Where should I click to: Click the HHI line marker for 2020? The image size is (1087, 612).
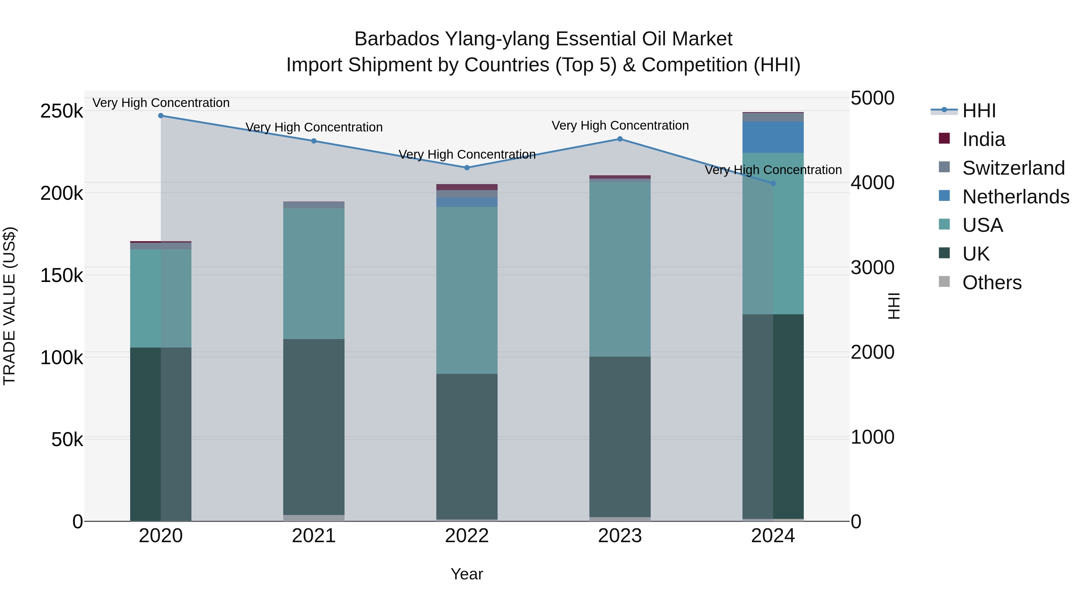coord(161,116)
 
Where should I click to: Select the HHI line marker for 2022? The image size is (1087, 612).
coord(467,168)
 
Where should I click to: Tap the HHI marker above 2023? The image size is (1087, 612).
coord(620,139)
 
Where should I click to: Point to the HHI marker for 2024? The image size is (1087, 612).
coord(773,183)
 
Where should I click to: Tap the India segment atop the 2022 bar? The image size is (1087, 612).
coord(467,187)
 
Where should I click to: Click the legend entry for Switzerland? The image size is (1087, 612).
coord(1013,168)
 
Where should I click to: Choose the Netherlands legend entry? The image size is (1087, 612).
coord(1015,197)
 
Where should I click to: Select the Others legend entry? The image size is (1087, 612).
coord(992,283)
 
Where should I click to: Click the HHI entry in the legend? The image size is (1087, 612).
coord(979,111)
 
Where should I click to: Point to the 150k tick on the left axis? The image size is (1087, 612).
coord(62,276)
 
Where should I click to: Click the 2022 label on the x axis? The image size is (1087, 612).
coord(467,536)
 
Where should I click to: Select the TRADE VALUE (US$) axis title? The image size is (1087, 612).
coord(9,306)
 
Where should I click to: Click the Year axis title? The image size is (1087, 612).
coord(467,574)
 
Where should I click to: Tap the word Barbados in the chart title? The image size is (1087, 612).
coord(397,39)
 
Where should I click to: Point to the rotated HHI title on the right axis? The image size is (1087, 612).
coord(894,306)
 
